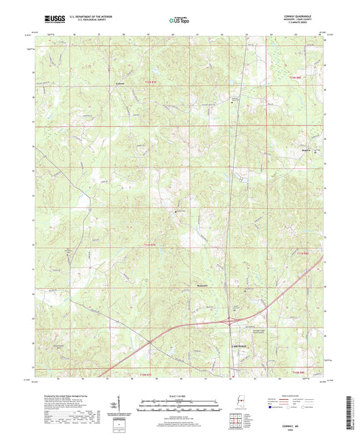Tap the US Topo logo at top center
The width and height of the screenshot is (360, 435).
pos(178,21)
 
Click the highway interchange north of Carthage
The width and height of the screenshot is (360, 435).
pos(232,323)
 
